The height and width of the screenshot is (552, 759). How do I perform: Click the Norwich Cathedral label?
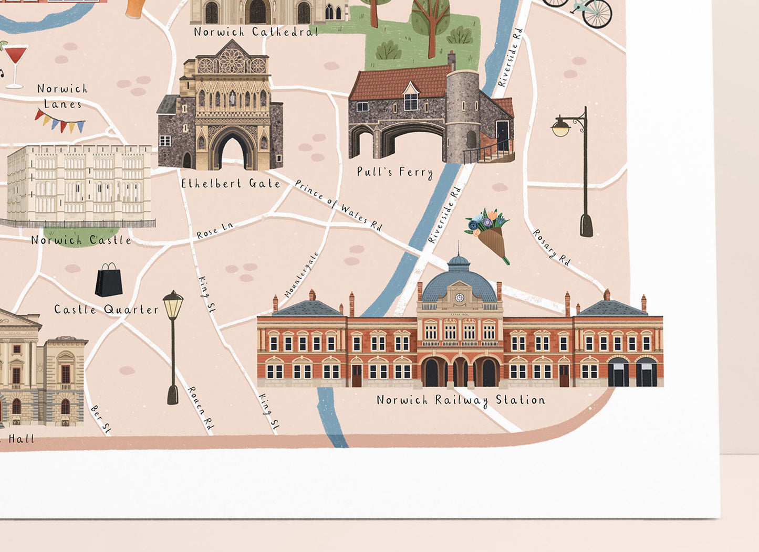[256, 32]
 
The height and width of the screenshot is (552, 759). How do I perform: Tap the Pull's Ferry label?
[394, 172]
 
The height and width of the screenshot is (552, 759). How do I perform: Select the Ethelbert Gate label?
[231, 184]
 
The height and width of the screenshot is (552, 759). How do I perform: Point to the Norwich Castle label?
[81, 240]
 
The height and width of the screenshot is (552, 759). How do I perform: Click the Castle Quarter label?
[106, 310]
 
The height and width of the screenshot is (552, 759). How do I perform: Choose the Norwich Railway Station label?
[461, 400]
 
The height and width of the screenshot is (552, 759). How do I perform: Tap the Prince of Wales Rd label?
[338, 205]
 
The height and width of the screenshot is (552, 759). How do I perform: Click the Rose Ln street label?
[214, 231]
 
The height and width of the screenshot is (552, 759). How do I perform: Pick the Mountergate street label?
[301, 275]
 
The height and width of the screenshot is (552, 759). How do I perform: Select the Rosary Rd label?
[552, 247]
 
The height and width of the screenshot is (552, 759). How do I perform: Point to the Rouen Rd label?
[201, 408]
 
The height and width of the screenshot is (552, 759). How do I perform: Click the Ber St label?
[101, 419]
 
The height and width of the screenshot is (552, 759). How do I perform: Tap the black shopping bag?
[109, 280]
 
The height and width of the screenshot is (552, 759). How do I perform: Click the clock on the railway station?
[460, 298]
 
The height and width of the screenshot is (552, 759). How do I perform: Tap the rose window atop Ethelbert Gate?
[232, 61]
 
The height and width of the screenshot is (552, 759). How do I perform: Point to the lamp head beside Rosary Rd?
[561, 128]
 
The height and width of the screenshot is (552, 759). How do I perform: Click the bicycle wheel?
[597, 13]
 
